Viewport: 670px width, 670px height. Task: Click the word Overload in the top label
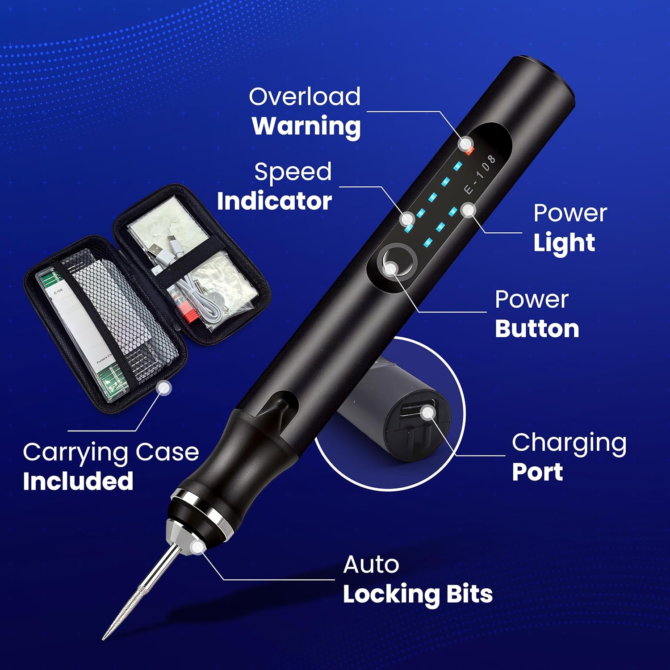305,97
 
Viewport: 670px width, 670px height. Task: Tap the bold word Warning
306,126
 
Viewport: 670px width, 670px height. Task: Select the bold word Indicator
274,201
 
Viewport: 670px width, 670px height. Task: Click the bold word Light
564,243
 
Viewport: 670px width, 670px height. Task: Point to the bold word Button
537,329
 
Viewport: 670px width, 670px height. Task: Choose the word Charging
569,444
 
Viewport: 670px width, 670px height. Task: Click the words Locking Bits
418,595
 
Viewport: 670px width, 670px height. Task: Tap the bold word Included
78,482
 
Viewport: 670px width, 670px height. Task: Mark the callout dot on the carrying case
165,388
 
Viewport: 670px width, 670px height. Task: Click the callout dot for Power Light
468,209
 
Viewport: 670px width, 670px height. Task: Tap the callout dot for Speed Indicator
407,219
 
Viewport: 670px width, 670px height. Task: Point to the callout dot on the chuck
197,547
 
